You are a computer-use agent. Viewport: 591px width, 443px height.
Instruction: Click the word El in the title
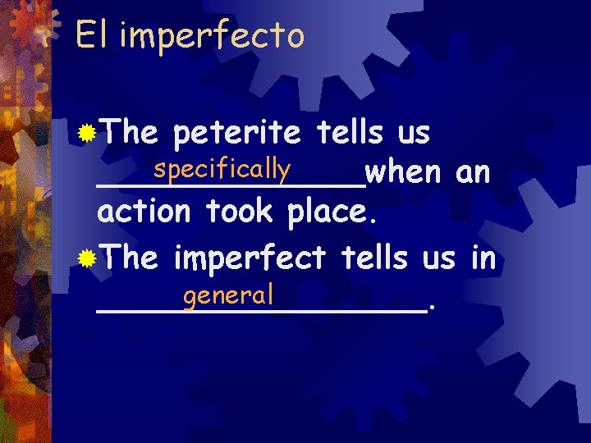[x=91, y=34]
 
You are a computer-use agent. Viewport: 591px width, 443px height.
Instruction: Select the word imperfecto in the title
[x=212, y=36]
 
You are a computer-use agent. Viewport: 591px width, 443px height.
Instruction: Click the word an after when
[x=474, y=174]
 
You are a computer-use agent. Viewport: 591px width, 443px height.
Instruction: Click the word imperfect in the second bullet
[x=250, y=258]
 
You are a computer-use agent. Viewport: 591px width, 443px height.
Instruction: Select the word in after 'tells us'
[x=483, y=258]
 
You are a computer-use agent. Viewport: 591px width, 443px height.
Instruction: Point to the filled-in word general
[x=228, y=294]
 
